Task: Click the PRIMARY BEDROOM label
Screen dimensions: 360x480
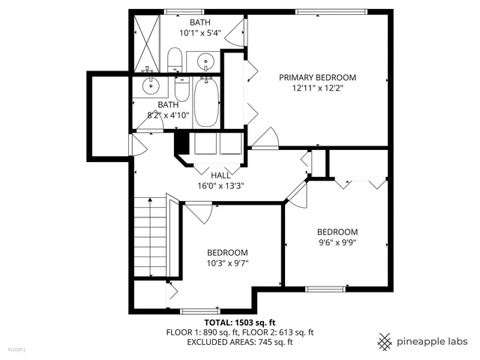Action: pyautogui.click(x=317, y=77)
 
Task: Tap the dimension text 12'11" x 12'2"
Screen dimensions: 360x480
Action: pyautogui.click(x=317, y=88)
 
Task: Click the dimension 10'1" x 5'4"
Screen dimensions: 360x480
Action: pyautogui.click(x=199, y=33)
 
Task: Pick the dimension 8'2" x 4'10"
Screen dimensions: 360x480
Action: pyautogui.click(x=166, y=115)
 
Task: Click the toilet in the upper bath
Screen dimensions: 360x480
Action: pyautogui.click(x=174, y=59)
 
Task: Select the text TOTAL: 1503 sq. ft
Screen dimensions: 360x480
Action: pyautogui.click(x=239, y=321)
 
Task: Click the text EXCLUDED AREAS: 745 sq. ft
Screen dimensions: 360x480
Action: pyautogui.click(x=239, y=342)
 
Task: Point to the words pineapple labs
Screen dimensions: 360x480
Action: pyautogui.click(x=435, y=341)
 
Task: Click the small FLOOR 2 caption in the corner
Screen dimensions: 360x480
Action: pyautogui.click(x=16, y=349)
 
